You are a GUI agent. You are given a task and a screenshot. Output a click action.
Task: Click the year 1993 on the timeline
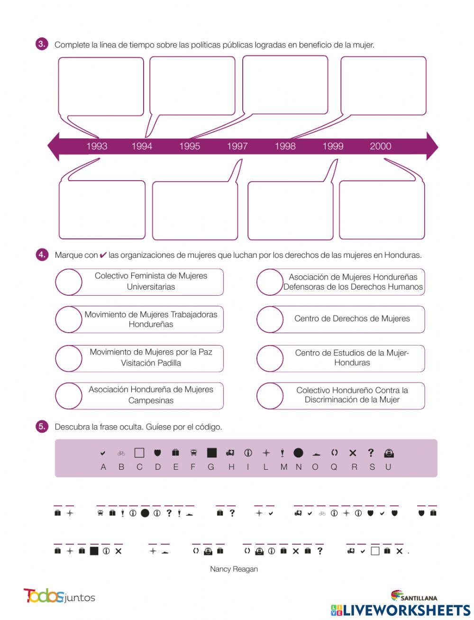point(97,146)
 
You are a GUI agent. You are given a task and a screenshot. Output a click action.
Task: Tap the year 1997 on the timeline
point(237,146)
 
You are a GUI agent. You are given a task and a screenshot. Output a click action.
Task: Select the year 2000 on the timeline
point(380,146)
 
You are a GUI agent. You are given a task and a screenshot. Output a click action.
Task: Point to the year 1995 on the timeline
point(189,146)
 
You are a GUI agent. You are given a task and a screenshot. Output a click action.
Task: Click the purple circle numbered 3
point(42,45)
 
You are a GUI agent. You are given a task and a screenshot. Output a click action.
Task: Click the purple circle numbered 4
point(42,255)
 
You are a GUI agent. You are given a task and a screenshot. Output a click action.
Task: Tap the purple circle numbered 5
point(42,427)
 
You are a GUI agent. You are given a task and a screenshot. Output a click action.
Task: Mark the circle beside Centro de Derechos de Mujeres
point(270,319)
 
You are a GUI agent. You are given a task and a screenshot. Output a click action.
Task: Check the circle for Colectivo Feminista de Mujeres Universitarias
point(69,282)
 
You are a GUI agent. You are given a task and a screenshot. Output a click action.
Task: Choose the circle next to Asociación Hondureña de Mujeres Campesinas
point(69,396)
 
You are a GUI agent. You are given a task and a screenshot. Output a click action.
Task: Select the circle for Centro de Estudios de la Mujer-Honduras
point(270,358)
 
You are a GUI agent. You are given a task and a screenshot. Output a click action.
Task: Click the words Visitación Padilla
point(151,363)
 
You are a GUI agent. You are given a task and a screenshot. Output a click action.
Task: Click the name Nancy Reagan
point(234,569)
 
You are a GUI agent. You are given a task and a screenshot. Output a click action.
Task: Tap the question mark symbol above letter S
point(371,453)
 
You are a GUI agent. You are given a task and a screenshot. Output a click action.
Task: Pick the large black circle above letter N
point(298,453)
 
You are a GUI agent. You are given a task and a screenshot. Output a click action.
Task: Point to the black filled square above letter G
point(211,453)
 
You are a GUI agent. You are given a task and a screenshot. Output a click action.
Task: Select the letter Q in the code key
point(334,467)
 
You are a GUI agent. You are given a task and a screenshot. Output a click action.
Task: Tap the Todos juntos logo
point(59,596)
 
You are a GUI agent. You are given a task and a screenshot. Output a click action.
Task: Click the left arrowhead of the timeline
point(53,146)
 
